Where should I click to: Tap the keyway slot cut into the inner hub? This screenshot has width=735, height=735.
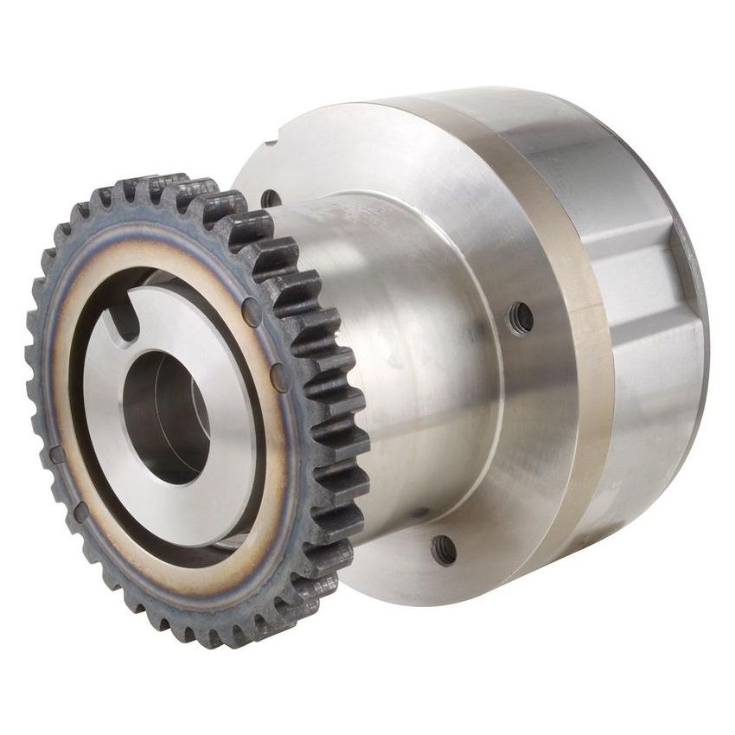128,327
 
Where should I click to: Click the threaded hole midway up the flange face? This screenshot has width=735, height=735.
521,316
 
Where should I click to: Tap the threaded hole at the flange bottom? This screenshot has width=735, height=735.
444,550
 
